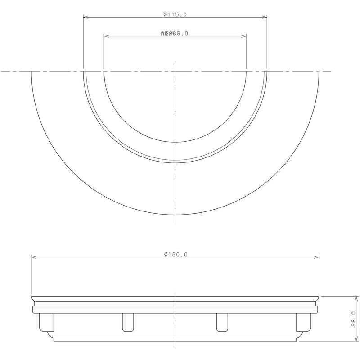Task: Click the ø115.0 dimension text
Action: (175, 14)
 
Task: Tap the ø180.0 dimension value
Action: (175, 254)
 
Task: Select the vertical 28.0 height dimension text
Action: (353, 319)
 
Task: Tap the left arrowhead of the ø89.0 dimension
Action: (106, 36)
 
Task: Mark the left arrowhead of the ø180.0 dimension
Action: (33, 257)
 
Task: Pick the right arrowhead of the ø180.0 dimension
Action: (317, 257)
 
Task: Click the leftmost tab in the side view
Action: (44, 322)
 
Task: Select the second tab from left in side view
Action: (128, 322)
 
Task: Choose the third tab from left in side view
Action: (222, 322)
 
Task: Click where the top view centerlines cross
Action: (175, 71)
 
